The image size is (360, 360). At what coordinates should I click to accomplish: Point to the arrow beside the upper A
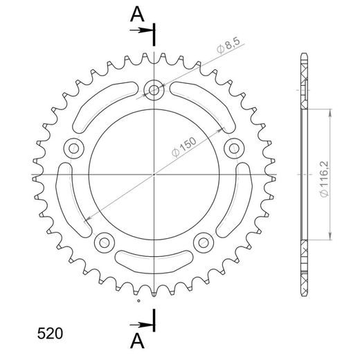coord(142,30)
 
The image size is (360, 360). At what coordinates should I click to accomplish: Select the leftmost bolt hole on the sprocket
coord(72,147)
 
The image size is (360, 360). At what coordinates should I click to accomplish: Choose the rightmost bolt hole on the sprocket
coord(234,147)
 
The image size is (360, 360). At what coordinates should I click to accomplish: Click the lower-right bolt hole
coord(203,242)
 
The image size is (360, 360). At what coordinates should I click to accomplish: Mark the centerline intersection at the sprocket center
coord(153,174)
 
